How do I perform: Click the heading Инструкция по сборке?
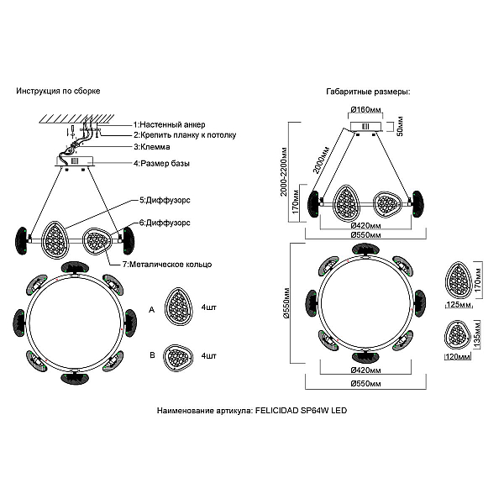(x=58, y=91)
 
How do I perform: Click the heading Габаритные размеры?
(x=369, y=92)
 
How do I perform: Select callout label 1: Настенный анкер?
(x=170, y=124)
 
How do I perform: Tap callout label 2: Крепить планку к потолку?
(x=185, y=135)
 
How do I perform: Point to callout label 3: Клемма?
(x=152, y=147)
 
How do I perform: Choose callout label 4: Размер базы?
(x=161, y=163)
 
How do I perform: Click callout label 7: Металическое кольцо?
(x=167, y=265)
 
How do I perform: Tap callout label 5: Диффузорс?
(x=165, y=200)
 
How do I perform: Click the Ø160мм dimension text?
(x=365, y=109)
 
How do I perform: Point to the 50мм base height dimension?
(x=400, y=126)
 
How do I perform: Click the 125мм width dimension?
(x=459, y=304)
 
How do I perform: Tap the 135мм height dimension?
(x=477, y=334)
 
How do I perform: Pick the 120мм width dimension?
(x=458, y=356)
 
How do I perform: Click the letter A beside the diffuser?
(x=152, y=310)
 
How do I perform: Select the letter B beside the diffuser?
(x=152, y=355)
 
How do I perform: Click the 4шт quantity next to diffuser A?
(x=209, y=307)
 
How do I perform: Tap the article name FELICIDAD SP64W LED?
(x=302, y=411)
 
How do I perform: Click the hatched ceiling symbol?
(x=76, y=118)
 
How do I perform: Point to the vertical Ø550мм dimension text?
(x=286, y=303)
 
